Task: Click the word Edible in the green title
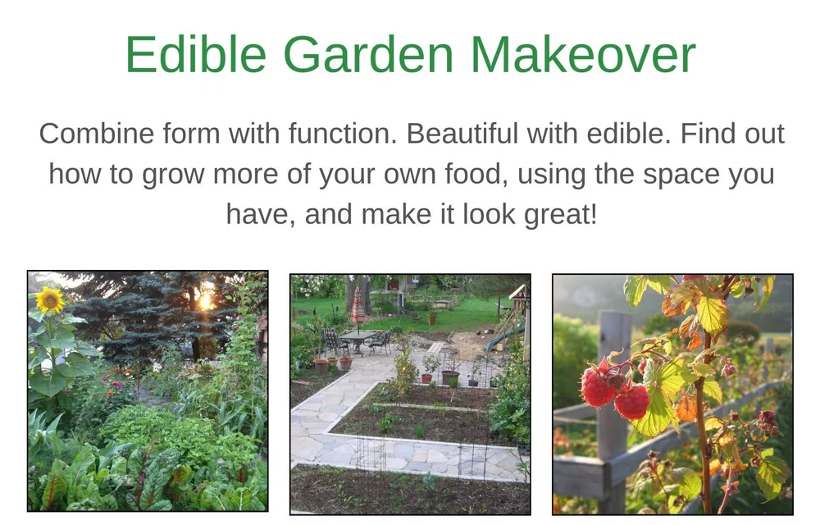click(x=195, y=55)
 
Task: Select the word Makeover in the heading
click(x=583, y=55)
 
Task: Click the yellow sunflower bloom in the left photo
click(x=50, y=300)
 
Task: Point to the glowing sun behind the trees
click(x=204, y=299)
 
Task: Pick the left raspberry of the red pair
click(x=598, y=387)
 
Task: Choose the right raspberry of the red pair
click(x=631, y=402)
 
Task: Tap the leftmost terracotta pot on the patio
click(x=321, y=366)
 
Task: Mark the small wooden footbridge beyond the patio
click(x=438, y=347)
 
